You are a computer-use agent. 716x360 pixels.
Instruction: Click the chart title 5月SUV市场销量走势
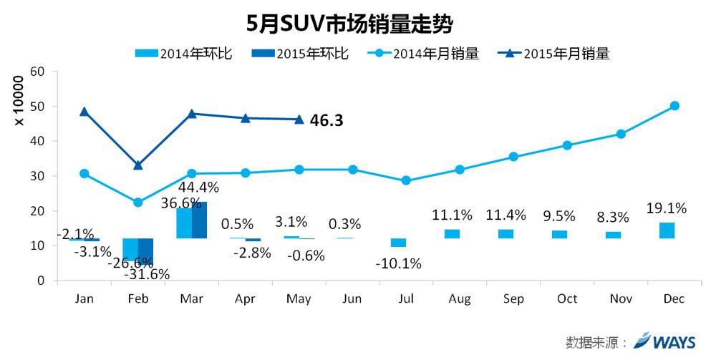point(350,24)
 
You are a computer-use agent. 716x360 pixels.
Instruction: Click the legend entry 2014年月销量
point(427,53)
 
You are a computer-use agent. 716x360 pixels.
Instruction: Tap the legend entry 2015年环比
point(301,53)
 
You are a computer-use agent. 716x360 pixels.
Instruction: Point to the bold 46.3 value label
point(326,120)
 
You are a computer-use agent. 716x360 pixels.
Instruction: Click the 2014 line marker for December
point(674,106)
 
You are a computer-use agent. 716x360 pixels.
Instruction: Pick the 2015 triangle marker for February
point(137,165)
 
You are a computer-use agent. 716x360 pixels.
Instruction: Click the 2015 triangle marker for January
point(84,112)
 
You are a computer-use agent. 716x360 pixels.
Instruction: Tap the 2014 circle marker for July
point(406,181)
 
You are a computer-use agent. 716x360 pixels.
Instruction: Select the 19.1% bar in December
point(667,230)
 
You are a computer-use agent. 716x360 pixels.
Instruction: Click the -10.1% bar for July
point(398,242)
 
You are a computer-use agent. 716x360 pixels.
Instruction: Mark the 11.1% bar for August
point(452,234)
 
